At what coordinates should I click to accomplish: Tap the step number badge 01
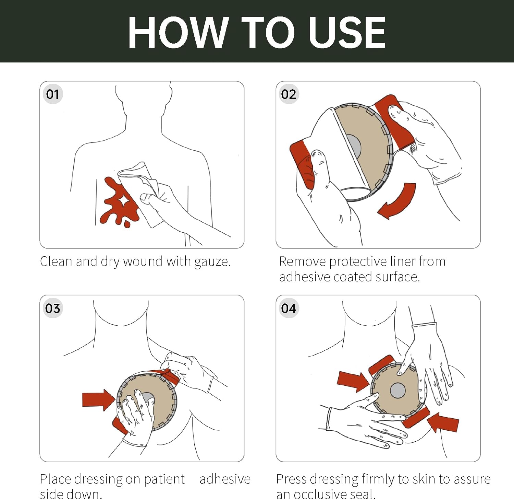(53, 94)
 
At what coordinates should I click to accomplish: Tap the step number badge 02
(289, 94)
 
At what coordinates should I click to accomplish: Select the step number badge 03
(53, 308)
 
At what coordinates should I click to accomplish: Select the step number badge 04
(289, 308)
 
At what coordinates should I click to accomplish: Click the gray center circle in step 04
(397, 390)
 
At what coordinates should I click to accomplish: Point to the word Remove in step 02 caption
(303, 261)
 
